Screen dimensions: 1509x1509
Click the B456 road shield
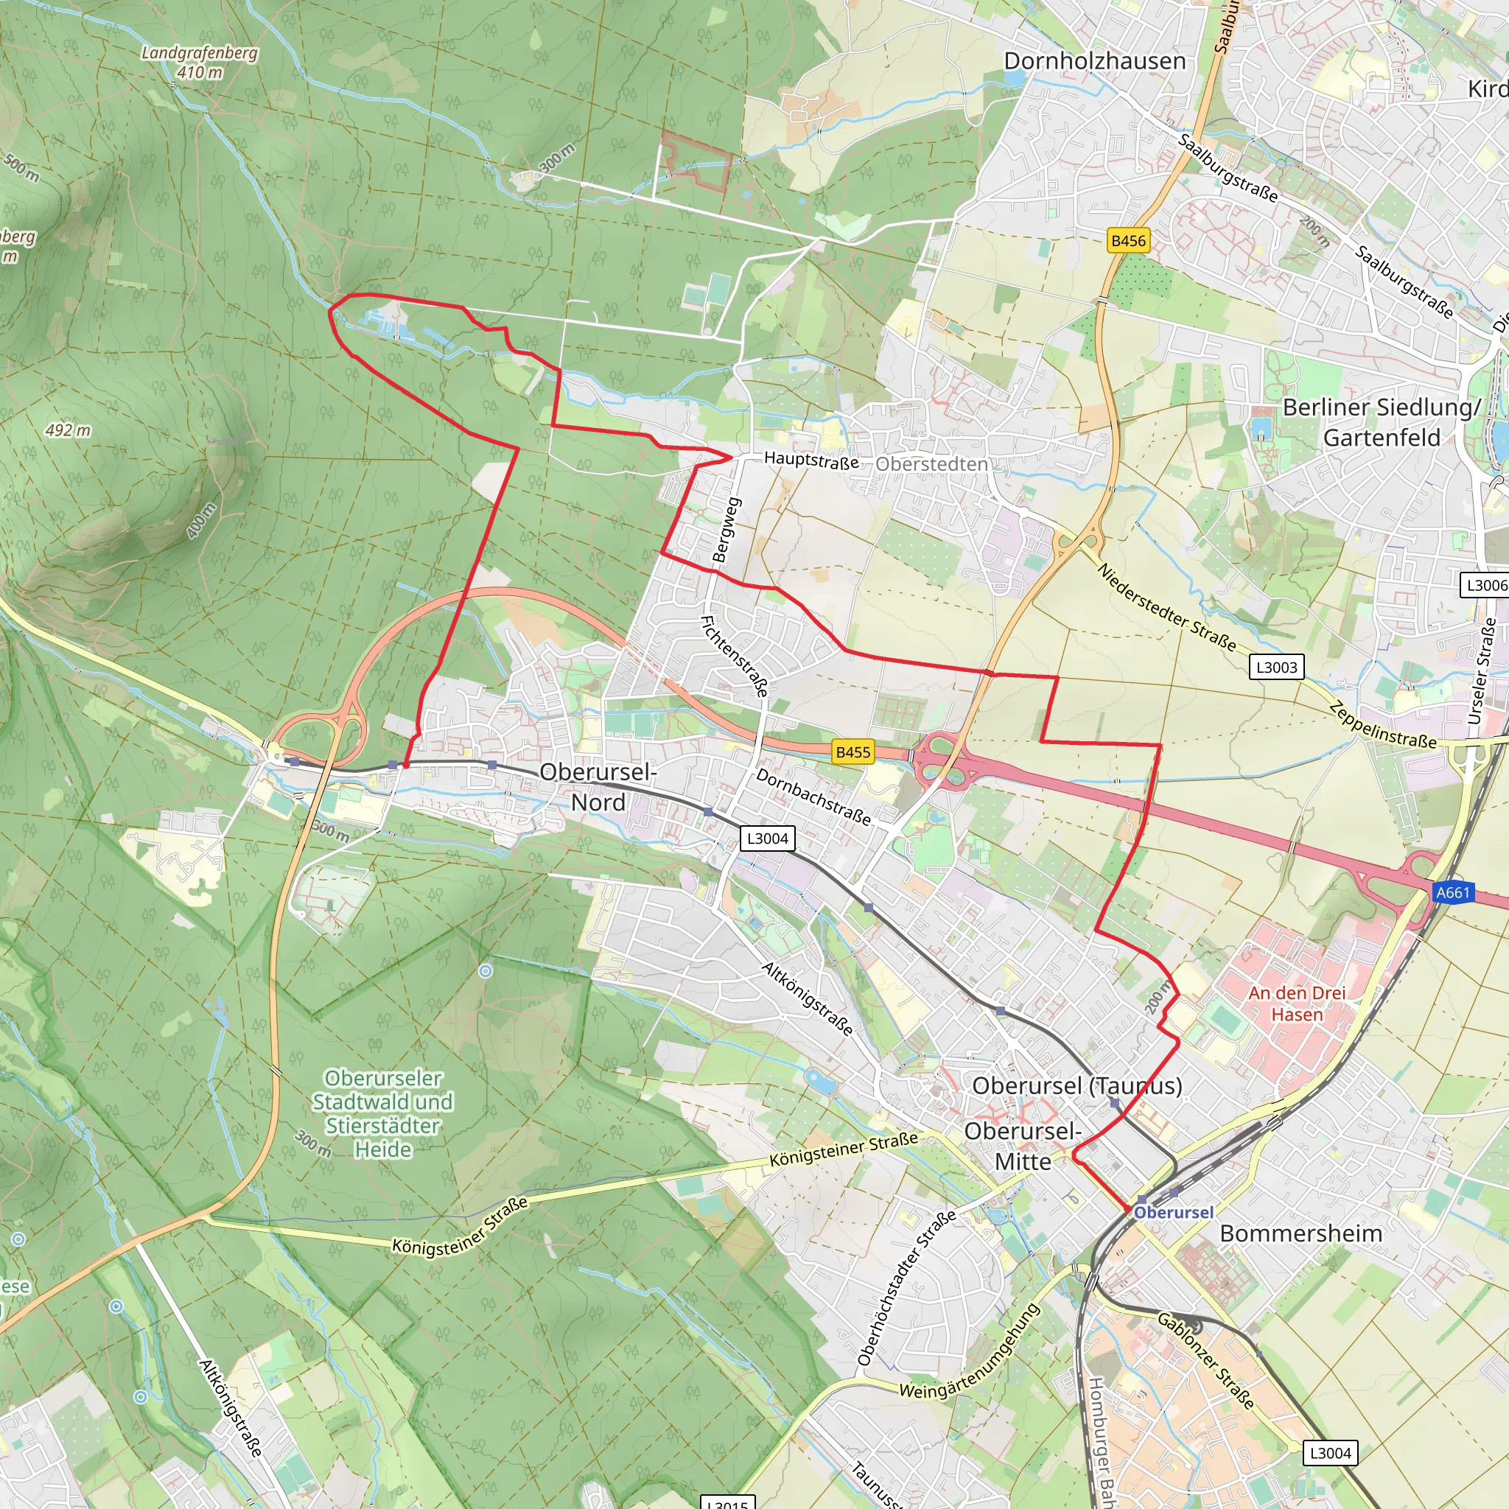(1128, 240)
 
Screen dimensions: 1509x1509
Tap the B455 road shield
(852, 752)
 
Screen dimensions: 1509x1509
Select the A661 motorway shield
(1453, 892)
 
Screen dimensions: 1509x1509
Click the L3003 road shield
(1276, 667)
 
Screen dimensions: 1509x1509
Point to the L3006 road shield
(1485, 585)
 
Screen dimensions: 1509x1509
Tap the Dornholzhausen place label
(1094, 61)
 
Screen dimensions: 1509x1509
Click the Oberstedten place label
(931, 464)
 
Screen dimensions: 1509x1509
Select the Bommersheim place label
(1300, 1233)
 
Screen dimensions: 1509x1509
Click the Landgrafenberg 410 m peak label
(199, 63)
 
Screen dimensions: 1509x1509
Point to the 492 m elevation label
(68, 430)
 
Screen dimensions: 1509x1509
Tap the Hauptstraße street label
(810, 460)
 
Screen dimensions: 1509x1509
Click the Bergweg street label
(726, 530)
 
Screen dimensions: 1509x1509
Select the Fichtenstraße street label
(734, 656)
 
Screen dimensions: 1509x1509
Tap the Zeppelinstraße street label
(1382, 726)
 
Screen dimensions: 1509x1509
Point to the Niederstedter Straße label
(1167, 608)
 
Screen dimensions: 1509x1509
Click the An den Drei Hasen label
(1297, 1004)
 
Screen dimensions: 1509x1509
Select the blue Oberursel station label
(1173, 1212)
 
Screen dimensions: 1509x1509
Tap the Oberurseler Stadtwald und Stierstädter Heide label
(382, 1113)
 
